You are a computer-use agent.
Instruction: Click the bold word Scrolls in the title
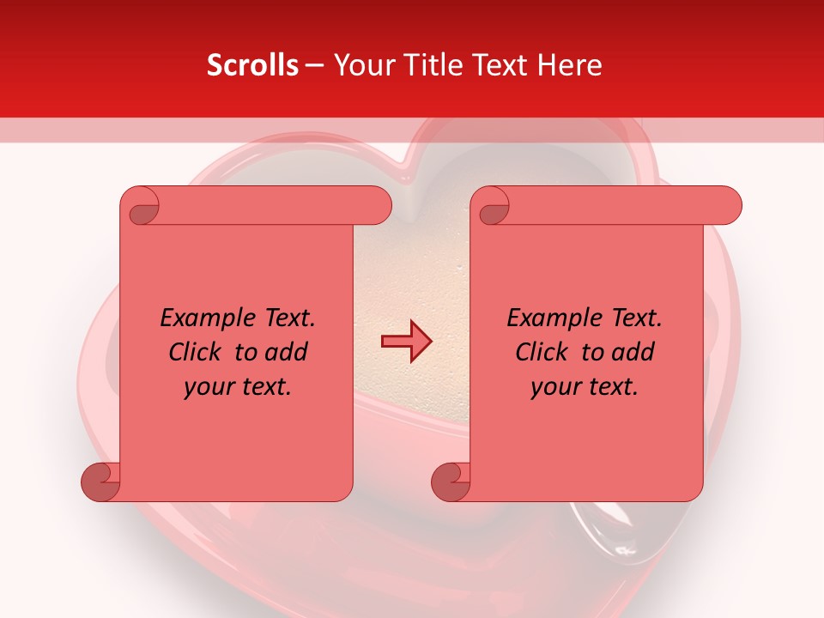(252, 65)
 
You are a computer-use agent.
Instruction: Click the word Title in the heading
(427, 65)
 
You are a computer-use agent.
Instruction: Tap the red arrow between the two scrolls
(406, 342)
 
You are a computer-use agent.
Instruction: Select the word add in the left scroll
(287, 352)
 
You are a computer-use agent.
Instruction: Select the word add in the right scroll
(633, 352)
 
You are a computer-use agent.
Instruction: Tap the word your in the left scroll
(208, 387)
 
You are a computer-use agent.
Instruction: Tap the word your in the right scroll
(554, 387)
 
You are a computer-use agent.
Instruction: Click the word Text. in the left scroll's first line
(286, 318)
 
